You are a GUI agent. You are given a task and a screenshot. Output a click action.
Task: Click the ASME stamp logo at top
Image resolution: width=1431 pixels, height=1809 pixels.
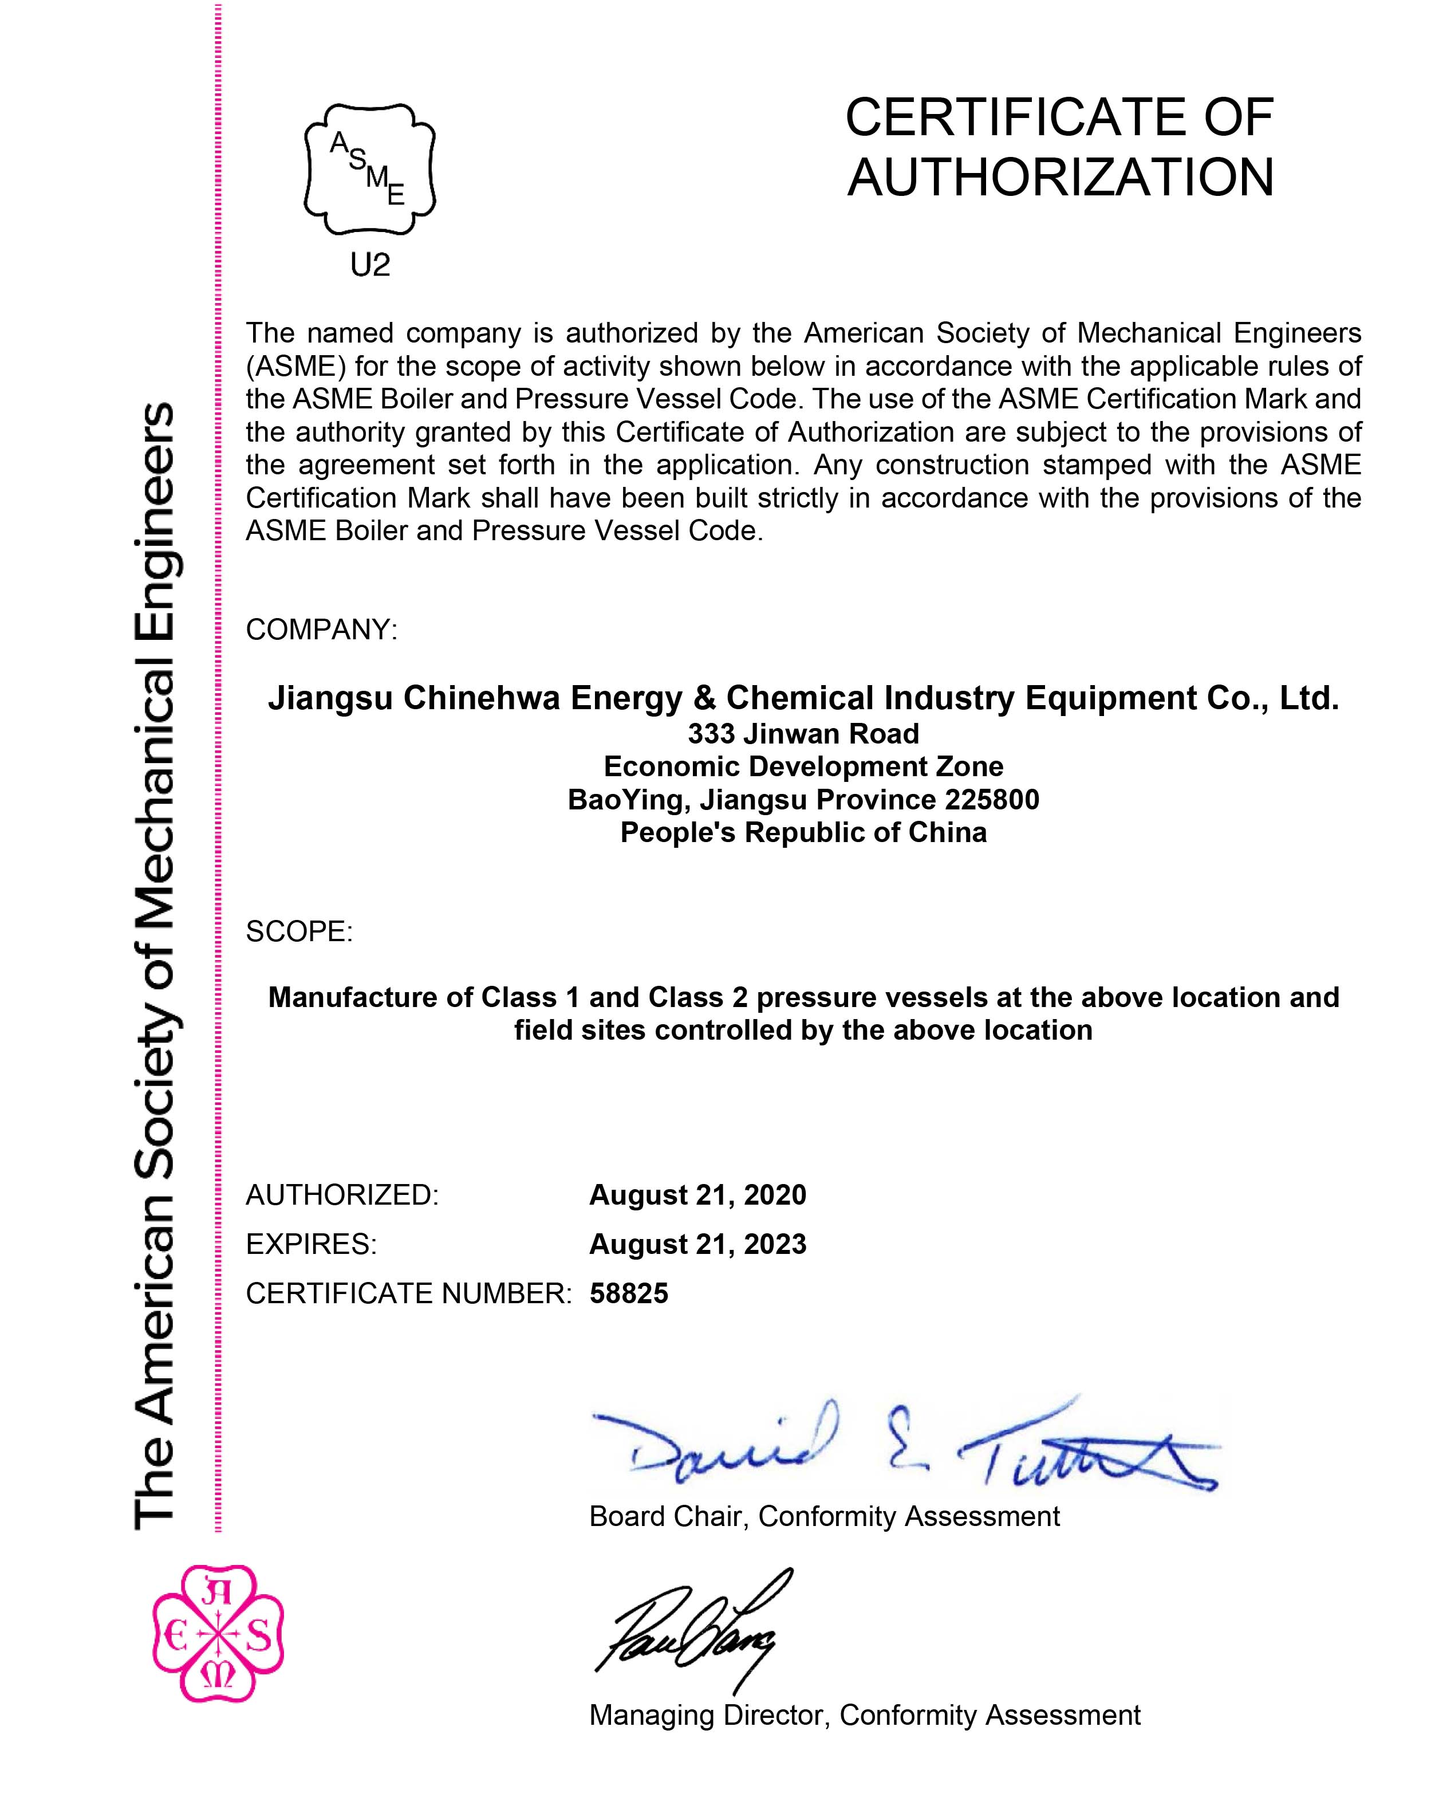[x=369, y=169]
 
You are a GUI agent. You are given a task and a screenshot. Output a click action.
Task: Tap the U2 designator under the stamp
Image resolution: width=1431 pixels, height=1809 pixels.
[x=369, y=266]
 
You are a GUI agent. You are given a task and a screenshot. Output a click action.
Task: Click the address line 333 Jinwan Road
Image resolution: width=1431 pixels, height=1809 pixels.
[x=803, y=734]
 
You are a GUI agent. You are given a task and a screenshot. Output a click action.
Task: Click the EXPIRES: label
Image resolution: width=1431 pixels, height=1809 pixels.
[x=311, y=1244]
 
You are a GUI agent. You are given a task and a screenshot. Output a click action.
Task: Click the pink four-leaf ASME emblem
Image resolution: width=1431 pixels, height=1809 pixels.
[x=218, y=1634]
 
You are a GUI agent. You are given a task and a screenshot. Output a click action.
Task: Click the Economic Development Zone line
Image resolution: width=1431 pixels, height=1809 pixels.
[x=803, y=766]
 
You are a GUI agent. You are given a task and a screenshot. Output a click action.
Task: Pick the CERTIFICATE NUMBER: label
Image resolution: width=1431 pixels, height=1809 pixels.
[x=408, y=1293]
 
